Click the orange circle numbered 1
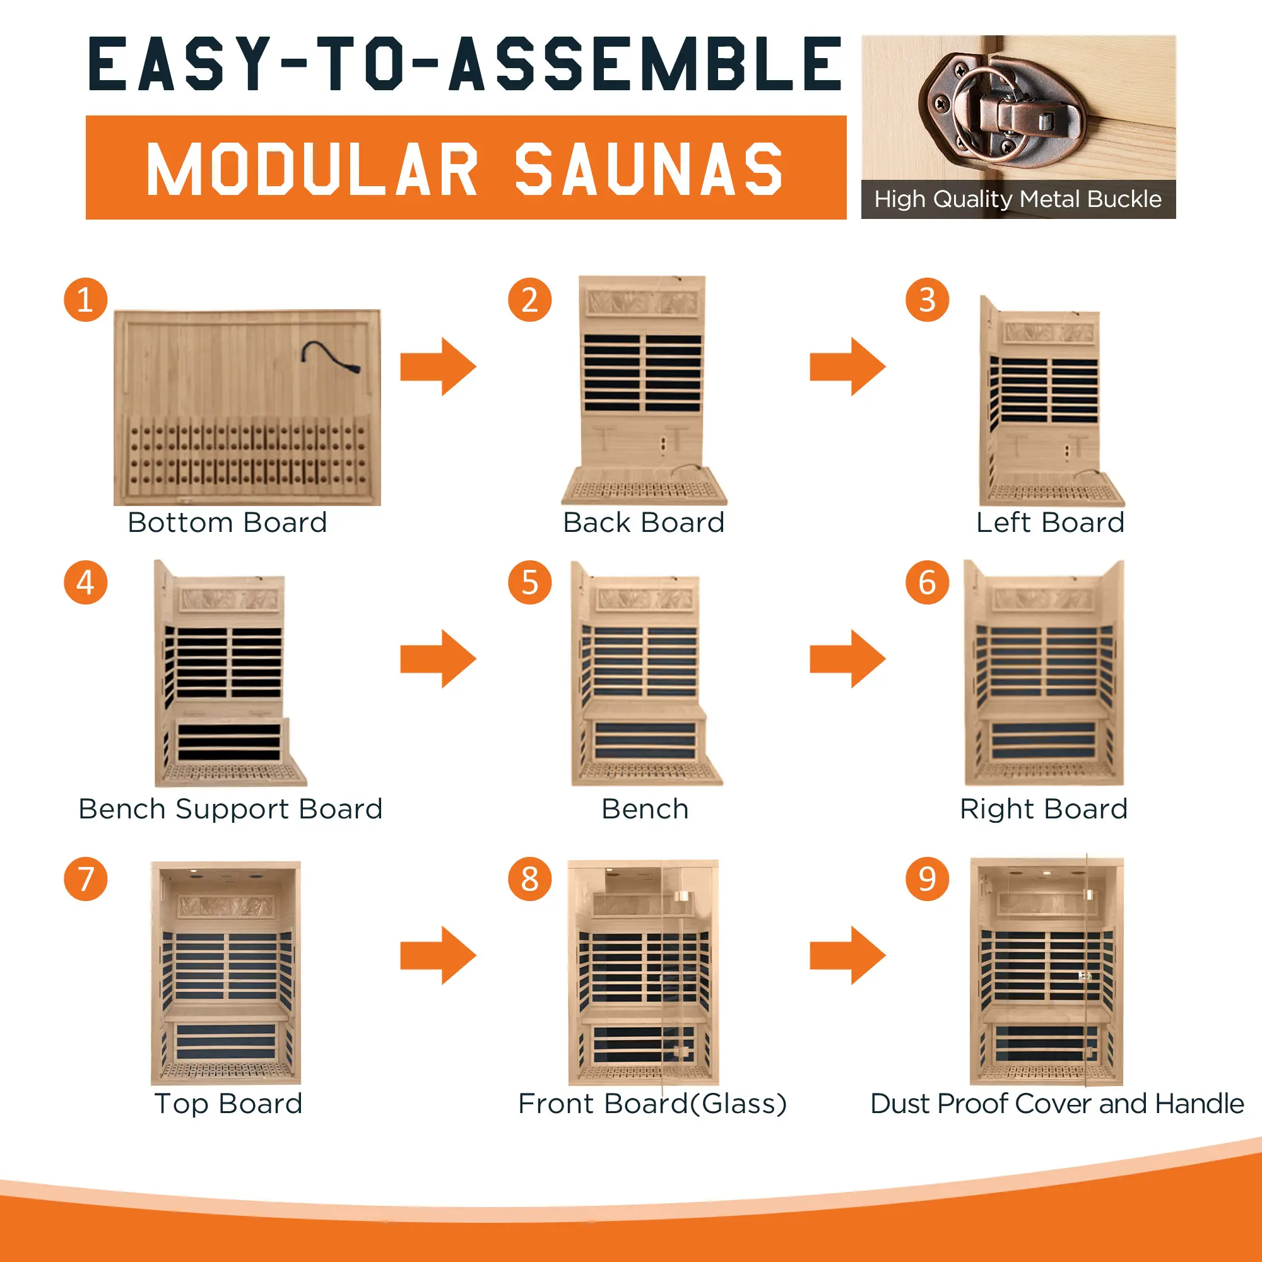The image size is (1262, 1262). tap(86, 300)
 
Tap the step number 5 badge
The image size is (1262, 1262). tap(530, 582)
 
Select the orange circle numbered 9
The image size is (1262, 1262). tap(927, 878)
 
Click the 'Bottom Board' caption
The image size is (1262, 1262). tap(227, 522)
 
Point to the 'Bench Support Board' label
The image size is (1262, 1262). tap(230, 810)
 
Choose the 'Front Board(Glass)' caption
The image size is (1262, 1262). tap(652, 1104)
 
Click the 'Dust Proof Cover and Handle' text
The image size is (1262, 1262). tap(1057, 1104)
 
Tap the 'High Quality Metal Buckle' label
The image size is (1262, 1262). tap(1018, 199)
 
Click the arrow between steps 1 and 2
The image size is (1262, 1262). tap(439, 367)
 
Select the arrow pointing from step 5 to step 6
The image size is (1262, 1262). tap(848, 658)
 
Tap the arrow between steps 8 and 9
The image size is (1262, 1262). tap(848, 955)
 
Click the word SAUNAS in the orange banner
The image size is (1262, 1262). tap(649, 169)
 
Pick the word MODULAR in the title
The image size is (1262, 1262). tap(312, 169)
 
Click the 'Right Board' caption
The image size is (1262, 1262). tap(1044, 810)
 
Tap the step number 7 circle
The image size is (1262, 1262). tap(86, 878)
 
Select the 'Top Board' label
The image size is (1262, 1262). tap(228, 1104)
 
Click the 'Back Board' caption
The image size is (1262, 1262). tap(644, 522)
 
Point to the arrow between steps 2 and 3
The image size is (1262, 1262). tap(848, 367)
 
